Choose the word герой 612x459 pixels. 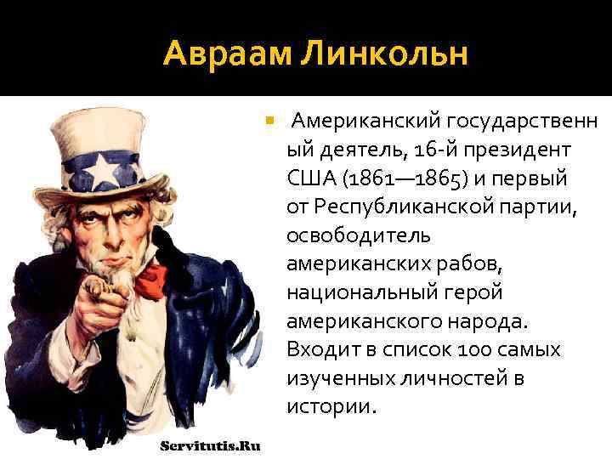coord(473,292)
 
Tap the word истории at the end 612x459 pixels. coord(330,406)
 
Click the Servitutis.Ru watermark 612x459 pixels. coord(210,445)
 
